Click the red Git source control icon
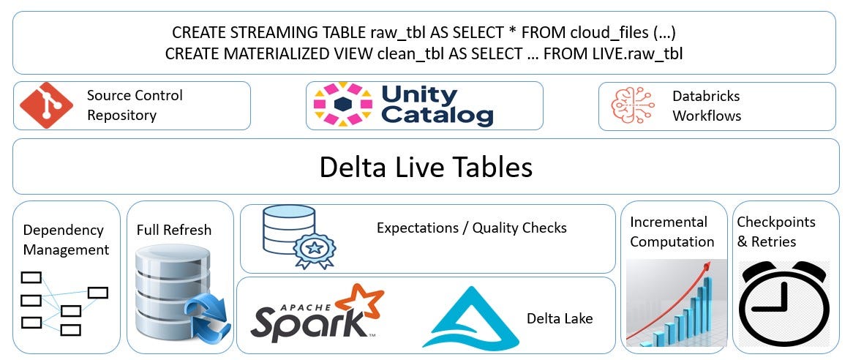click(x=46, y=105)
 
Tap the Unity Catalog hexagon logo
click(x=343, y=105)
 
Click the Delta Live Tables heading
click(x=425, y=167)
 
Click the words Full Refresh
click(x=174, y=230)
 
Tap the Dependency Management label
click(x=66, y=240)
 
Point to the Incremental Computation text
click(x=672, y=231)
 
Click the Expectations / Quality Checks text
click(x=471, y=228)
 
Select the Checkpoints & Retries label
click(x=775, y=231)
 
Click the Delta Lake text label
click(x=560, y=318)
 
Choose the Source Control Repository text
click(x=135, y=105)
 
